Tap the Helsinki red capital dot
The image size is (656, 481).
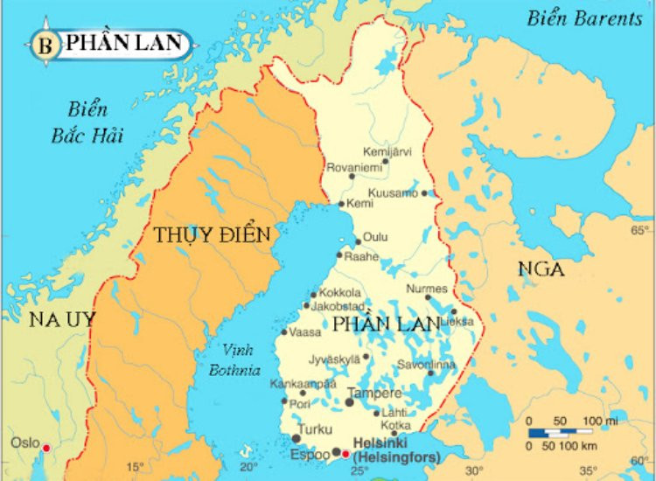coord(345,454)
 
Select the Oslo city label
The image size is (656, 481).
coord(24,443)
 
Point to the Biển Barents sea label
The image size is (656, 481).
coord(584,18)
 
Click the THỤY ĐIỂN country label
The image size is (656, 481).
coord(212,235)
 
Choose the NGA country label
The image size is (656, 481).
coord(541,268)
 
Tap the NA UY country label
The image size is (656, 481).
coord(62,319)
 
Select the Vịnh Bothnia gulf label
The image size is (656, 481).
coord(234,359)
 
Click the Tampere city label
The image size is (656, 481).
coord(374,394)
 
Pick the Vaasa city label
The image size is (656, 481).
coord(304,333)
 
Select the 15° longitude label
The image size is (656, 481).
coord(135,467)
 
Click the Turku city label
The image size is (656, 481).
coord(314,429)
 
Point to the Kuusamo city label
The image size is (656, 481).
coord(393,192)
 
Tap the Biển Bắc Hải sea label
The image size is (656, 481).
coord(87,122)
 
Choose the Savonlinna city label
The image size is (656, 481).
coord(426,364)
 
